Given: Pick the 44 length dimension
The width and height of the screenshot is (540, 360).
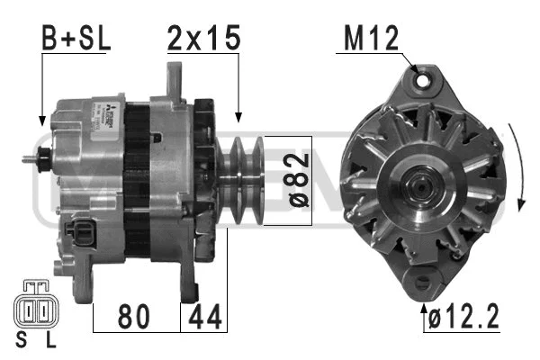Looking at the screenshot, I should (x=204, y=316).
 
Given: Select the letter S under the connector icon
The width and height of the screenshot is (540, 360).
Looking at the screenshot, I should (x=21, y=340).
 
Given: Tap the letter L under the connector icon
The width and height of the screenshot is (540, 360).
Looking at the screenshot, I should (x=50, y=340).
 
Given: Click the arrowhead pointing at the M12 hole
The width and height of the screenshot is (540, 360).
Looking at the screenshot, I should (x=415, y=69).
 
